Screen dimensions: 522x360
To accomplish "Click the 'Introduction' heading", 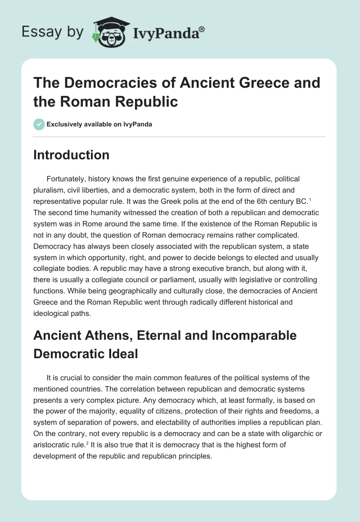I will point(72,155).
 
